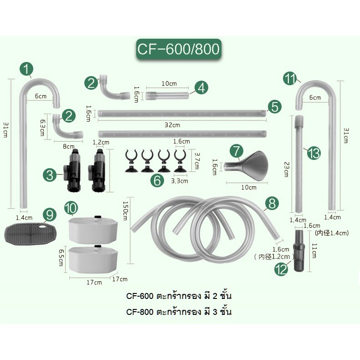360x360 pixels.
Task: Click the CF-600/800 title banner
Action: pos(180,48)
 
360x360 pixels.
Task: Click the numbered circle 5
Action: pos(274,107)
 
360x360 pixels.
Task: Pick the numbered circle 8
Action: pos(272,204)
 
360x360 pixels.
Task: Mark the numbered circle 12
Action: pos(281,270)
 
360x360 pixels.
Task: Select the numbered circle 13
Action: pos(314,153)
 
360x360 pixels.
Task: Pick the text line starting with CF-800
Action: pos(179,313)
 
